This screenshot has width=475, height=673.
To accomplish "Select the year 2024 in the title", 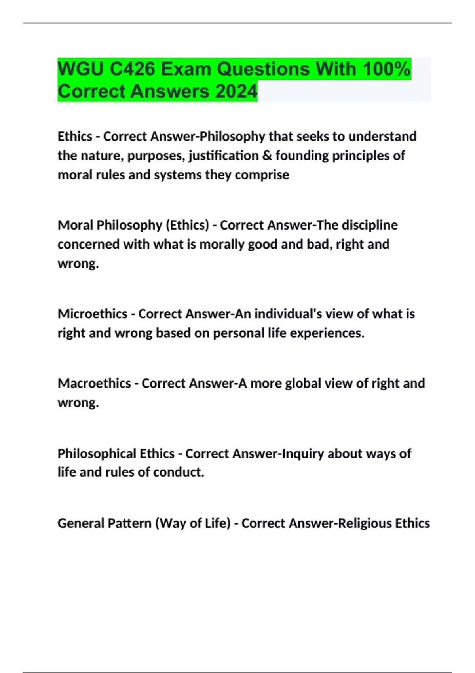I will pos(236,91).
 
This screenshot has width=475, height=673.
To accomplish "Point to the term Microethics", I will pos(92,314).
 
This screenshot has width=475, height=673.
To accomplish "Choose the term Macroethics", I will pos(94,383).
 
